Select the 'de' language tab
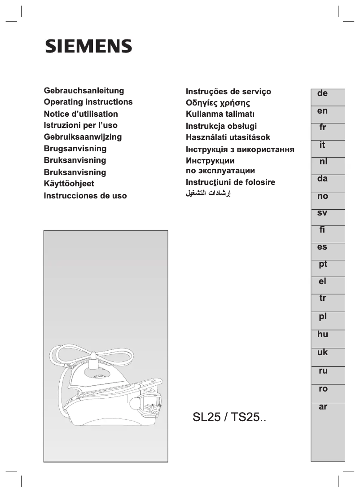click(x=322, y=94)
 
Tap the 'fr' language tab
click(x=322, y=128)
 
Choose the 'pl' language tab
click(x=322, y=317)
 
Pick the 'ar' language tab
click(x=322, y=407)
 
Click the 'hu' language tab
click(x=322, y=335)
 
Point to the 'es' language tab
click(x=322, y=247)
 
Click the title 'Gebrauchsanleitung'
click(x=84, y=91)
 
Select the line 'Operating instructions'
click(x=88, y=102)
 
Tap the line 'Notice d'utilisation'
click(x=81, y=114)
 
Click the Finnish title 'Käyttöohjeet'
click(x=69, y=184)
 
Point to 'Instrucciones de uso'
click(x=85, y=196)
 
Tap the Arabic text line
click(x=208, y=194)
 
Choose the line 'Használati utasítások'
click(x=228, y=137)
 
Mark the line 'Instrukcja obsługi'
click(x=221, y=126)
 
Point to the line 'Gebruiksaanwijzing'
click(x=83, y=137)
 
